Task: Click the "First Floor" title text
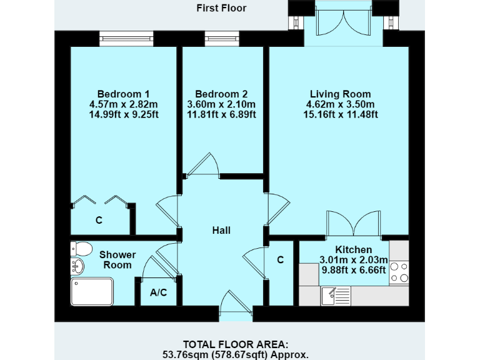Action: (x=221, y=8)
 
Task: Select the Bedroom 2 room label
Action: (x=221, y=94)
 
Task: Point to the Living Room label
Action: (x=340, y=94)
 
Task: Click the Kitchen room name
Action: (x=354, y=249)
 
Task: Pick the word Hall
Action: (x=221, y=231)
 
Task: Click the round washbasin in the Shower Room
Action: (x=77, y=267)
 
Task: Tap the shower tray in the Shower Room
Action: (x=93, y=291)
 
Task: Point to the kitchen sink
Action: (x=336, y=292)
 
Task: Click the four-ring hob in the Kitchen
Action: (x=399, y=272)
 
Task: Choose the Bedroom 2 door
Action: (x=203, y=166)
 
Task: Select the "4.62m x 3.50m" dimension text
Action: (x=340, y=104)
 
